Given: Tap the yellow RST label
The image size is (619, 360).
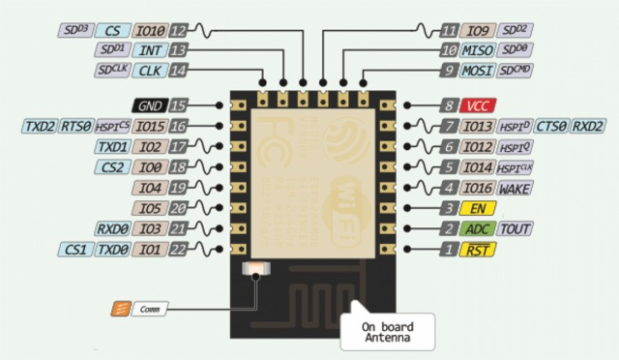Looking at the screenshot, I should pos(476,251).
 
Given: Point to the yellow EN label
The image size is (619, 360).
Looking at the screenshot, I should pos(476,208).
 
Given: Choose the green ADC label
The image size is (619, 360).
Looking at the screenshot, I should pos(476,229).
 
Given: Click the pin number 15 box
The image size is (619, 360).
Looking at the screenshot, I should pos(178,105).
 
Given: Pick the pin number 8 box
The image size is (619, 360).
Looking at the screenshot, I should pos(447,105).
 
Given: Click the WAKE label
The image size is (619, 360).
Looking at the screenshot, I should pos(514,188).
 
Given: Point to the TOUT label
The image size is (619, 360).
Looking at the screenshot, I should pos(513,229).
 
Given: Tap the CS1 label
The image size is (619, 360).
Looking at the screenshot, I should pos(74,251).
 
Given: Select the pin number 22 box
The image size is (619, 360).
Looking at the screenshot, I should pos(178,251).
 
